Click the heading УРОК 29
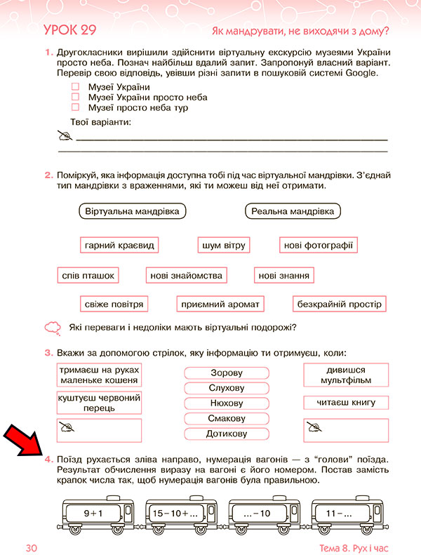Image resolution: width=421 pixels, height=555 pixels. (x=69, y=30)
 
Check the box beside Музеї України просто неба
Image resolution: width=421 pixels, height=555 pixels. (x=76, y=98)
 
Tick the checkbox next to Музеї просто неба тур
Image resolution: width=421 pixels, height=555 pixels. (x=76, y=108)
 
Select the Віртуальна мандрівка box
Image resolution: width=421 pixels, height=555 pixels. (x=132, y=211)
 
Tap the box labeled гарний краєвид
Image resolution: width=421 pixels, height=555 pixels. (x=119, y=245)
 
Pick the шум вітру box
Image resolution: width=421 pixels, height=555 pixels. (x=223, y=245)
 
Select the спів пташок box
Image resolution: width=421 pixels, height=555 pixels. (x=88, y=276)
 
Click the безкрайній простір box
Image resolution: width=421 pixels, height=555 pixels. (x=340, y=305)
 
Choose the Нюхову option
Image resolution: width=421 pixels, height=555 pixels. (x=227, y=403)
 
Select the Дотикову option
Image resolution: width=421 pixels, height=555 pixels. (x=227, y=434)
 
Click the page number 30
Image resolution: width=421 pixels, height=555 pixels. (x=30, y=546)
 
